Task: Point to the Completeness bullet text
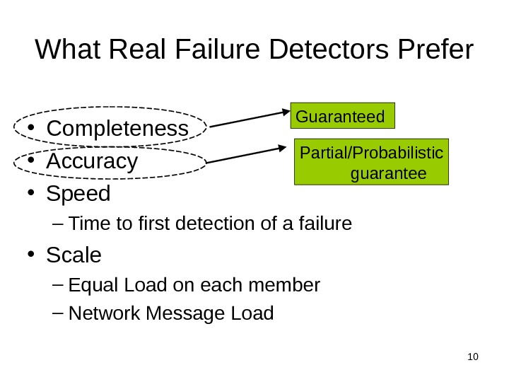point(117,129)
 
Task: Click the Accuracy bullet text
point(92,161)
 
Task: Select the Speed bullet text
point(78,193)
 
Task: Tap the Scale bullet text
point(74,254)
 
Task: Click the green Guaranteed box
point(343,116)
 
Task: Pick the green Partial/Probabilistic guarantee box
point(372,163)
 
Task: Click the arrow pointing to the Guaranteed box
point(250,120)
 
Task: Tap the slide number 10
point(473,355)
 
